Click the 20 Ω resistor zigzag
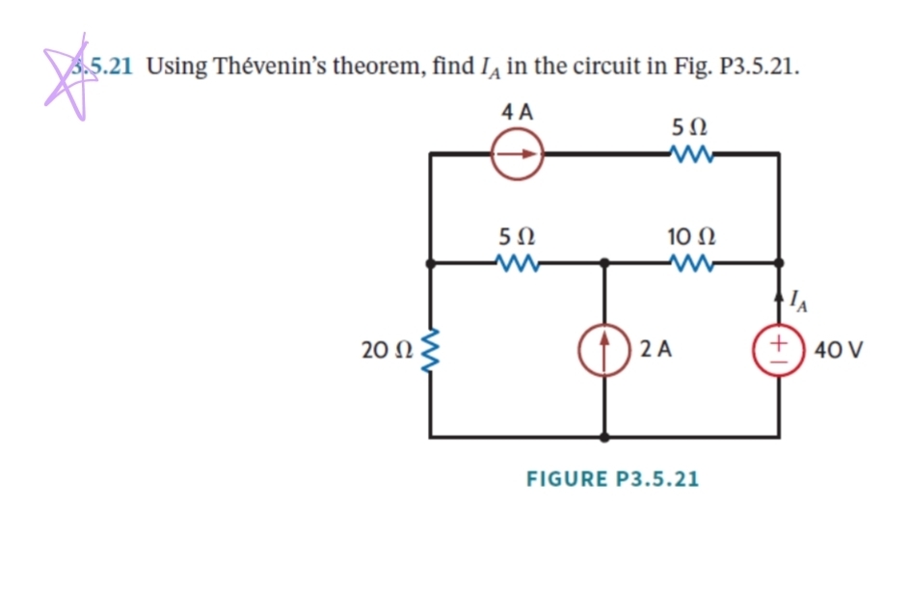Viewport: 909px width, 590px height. (x=431, y=348)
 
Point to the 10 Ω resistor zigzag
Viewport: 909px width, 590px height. (x=689, y=261)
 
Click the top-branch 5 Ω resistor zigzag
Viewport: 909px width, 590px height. (x=689, y=153)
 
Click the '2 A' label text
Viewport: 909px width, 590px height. (x=655, y=349)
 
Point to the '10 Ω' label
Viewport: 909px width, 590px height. (x=689, y=234)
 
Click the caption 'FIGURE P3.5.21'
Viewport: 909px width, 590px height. (x=612, y=478)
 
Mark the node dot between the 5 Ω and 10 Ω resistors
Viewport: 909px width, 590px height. (x=604, y=261)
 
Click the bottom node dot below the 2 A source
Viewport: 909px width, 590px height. (x=604, y=437)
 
